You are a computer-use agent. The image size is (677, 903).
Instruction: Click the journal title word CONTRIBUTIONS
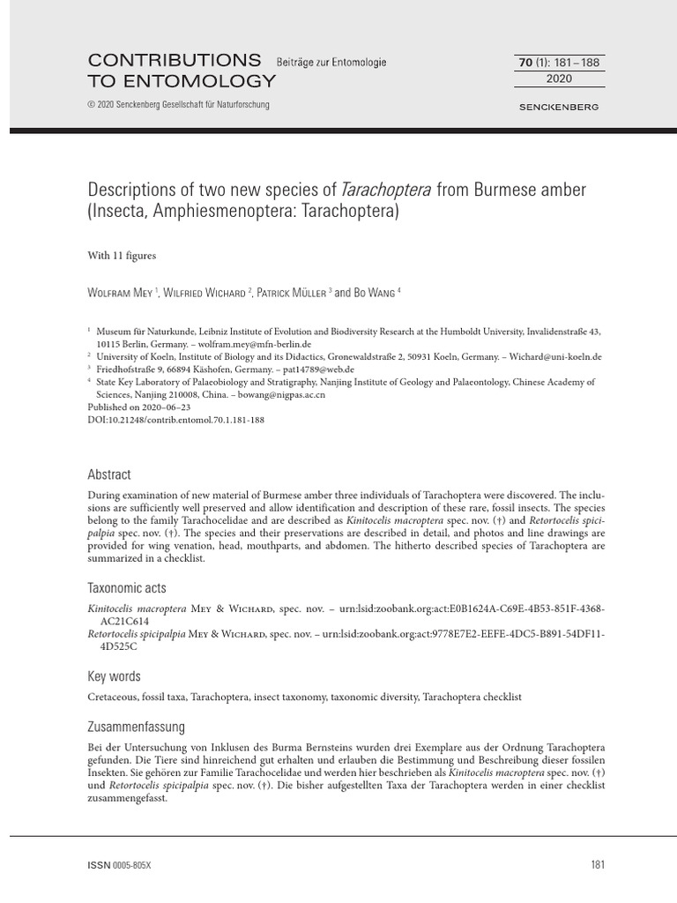click(x=175, y=61)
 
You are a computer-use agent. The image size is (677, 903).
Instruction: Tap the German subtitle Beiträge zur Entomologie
click(x=331, y=63)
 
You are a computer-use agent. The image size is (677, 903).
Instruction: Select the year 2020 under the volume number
click(x=559, y=78)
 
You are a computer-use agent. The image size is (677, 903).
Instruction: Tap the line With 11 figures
click(x=122, y=256)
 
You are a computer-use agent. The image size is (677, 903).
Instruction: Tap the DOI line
click(x=176, y=420)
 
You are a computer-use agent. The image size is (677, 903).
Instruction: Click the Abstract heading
click(x=109, y=474)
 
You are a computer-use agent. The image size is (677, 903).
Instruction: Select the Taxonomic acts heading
click(x=127, y=587)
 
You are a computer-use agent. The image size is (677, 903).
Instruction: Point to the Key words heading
click(x=114, y=676)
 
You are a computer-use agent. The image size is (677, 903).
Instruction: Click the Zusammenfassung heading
click(x=137, y=728)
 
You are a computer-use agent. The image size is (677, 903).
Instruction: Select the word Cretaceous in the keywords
click(x=115, y=697)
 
